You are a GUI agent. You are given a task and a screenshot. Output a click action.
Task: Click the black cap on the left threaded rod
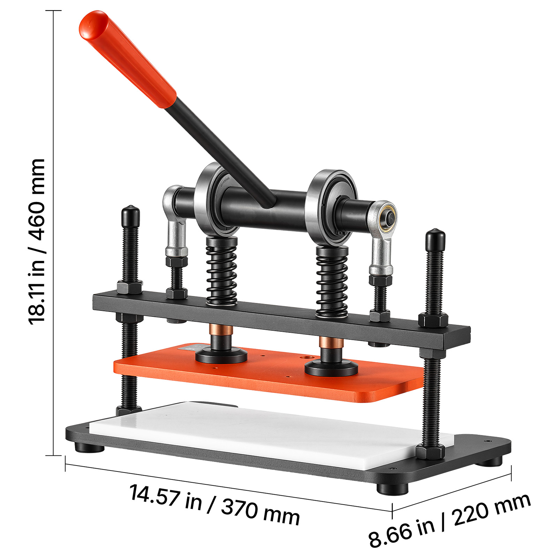pyautogui.click(x=131, y=216)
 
